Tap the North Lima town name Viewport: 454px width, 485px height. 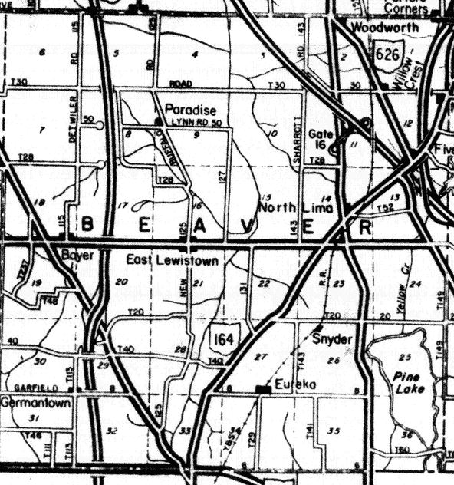point(287,208)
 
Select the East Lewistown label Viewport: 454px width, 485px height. point(173,261)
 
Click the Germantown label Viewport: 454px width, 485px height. point(35,402)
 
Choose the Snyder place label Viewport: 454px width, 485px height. point(332,338)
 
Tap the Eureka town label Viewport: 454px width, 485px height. point(292,387)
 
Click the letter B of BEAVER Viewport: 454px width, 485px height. point(87,226)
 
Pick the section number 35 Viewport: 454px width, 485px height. point(333,430)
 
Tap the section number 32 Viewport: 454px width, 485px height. point(113,431)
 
